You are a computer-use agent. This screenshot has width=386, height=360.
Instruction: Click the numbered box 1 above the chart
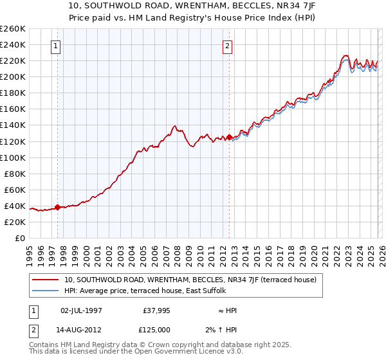point(57,46)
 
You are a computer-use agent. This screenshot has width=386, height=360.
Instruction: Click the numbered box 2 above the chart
point(228,46)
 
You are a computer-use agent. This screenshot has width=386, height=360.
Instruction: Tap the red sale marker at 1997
point(58,207)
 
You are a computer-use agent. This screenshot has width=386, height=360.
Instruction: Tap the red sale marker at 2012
point(229,137)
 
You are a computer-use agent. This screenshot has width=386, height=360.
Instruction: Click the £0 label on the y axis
point(20,238)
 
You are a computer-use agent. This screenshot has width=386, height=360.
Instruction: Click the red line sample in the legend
point(46,280)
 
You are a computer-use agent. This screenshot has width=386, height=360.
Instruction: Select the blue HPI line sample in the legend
point(46,291)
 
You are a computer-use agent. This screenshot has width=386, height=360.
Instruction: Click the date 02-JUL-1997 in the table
point(81,310)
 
